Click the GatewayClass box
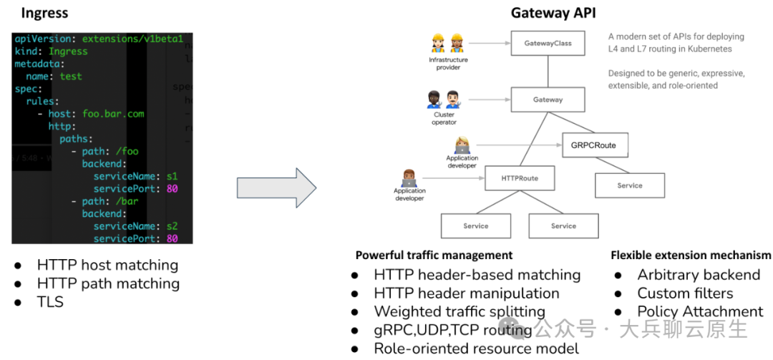coord(548,43)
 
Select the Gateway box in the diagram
coord(548,99)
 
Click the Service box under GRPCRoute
coord(630,185)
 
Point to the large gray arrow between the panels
coord(276,188)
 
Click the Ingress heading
coord(44,14)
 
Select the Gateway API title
coord(553,14)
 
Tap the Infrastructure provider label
coord(448,63)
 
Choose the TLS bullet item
coord(50,302)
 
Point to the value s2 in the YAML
coord(172,226)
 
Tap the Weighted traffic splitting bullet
coord(460,311)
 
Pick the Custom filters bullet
coord(685,293)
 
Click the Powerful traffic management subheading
coord(434,256)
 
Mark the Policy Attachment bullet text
coord(700,311)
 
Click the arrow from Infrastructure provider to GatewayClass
coord(490,44)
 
